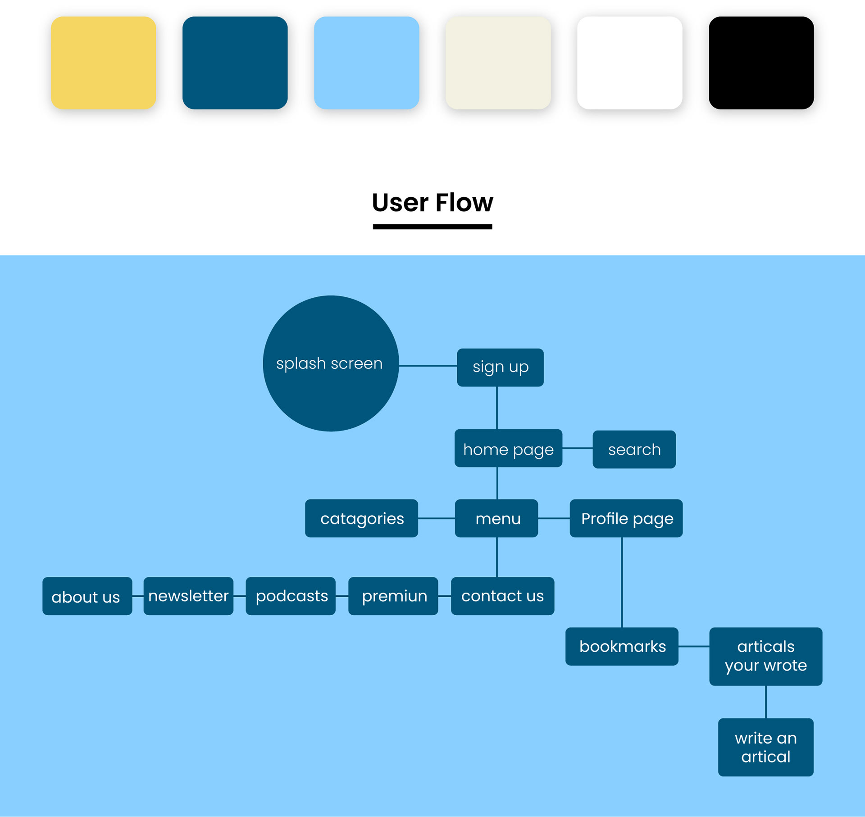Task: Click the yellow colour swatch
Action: click(x=104, y=63)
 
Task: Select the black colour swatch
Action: click(x=761, y=63)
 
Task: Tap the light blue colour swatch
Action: click(x=366, y=63)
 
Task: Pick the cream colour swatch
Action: click(x=498, y=63)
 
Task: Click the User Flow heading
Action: click(x=432, y=203)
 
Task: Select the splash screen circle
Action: click(x=331, y=363)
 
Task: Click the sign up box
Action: click(x=500, y=367)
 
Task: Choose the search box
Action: click(x=634, y=449)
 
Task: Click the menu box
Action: click(x=496, y=518)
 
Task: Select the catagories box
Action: click(x=361, y=518)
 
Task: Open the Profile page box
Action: click(x=626, y=518)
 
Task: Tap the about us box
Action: click(x=87, y=596)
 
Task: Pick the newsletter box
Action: click(x=188, y=596)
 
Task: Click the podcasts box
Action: click(x=291, y=596)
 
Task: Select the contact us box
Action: click(x=502, y=596)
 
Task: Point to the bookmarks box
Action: click(x=622, y=646)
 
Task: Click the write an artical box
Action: click(x=765, y=747)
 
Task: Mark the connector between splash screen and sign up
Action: click(x=428, y=366)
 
